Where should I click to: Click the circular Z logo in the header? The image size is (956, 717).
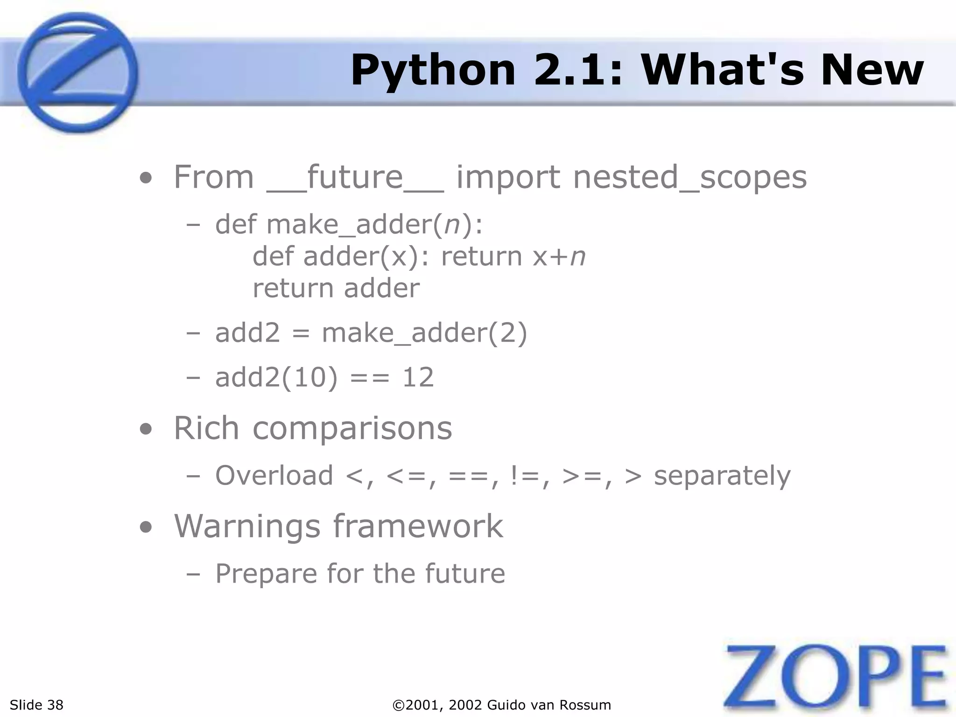77,72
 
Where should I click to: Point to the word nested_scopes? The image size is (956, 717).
690,178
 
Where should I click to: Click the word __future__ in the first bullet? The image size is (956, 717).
355,178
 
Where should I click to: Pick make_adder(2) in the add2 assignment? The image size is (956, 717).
424,333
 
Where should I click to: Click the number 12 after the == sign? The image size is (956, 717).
418,377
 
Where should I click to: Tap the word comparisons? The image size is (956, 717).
352,428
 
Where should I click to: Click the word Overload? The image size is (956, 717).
274,475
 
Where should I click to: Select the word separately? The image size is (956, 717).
722,475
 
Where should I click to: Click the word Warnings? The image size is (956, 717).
247,526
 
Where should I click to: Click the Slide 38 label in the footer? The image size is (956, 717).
36,705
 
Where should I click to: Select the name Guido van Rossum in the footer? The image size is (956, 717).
549,705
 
